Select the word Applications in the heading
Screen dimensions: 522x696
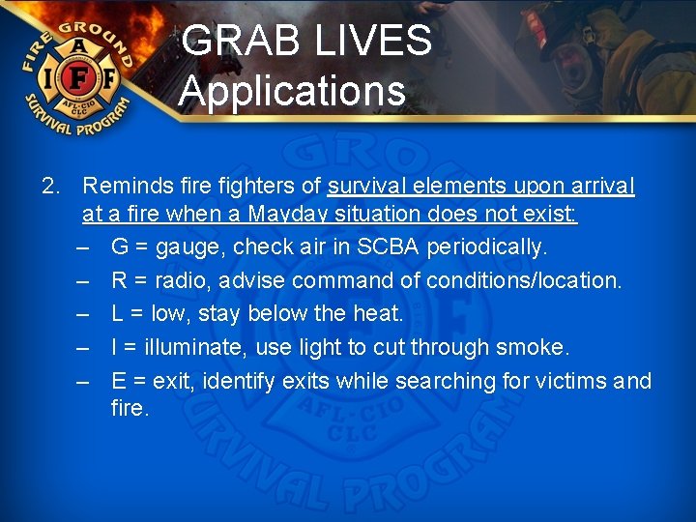pyautogui.click(x=292, y=91)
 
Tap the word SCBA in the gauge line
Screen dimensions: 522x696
pyautogui.click(x=389, y=247)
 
